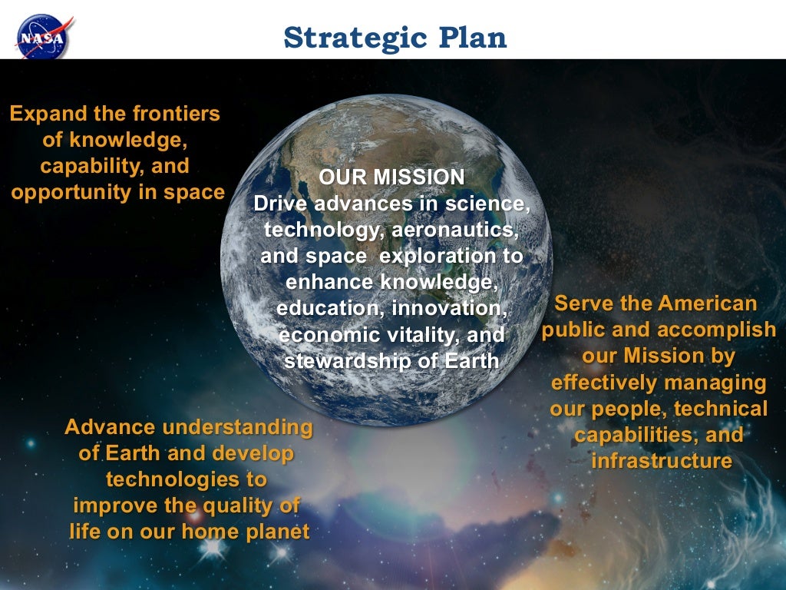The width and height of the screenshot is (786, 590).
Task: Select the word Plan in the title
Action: pyautogui.click(x=472, y=38)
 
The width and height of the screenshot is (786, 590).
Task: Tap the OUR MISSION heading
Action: pyautogui.click(x=391, y=177)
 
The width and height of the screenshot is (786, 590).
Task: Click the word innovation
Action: pyautogui.click(x=449, y=308)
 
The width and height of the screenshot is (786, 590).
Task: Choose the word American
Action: pyautogui.click(x=707, y=303)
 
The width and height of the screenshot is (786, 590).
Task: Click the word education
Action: pyautogui.click(x=330, y=308)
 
